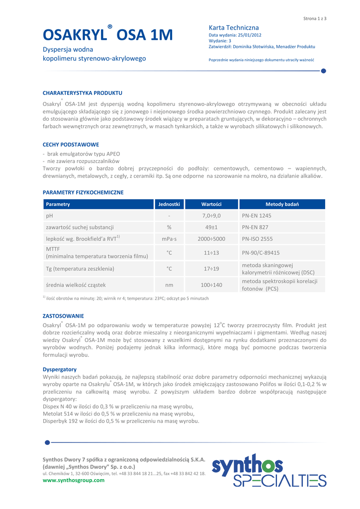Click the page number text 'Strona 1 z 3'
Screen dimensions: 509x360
pyautogui.click(x=314, y=18)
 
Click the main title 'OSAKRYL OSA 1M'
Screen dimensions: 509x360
pyautogui.click(x=108, y=35)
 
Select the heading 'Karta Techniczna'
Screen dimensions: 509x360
pyautogui.click(x=234, y=28)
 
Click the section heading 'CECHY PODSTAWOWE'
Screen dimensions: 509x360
pyautogui.click(x=71, y=145)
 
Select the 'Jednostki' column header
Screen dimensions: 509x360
pyautogui.click(x=169, y=204)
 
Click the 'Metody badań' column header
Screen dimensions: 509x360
pyautogui.click(x=282, y=204)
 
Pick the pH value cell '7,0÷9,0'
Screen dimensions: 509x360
pyautogui.click(x=211, y=216)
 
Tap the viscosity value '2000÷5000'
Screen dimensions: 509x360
pyautogui.click(x=211, y=239)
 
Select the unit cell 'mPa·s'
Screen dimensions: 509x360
pyautogui.click(x=169, y=239)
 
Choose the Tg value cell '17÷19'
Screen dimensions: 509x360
pyautogui.click(x=211, y=269)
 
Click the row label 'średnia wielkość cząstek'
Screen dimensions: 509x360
pyautogui.click(x=76, y=285)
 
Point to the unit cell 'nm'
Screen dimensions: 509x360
pyautogui.click(x=169, y=285)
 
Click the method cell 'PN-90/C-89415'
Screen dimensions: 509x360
pyautogui.click(x=261, y=253)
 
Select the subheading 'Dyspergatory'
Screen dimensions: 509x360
pyautogui.click(x=60, y=369)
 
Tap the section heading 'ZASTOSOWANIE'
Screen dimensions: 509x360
pyautogui.click(x=63, y=316)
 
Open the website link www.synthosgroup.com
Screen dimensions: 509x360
pyautogui.click(x=74, y=480)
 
